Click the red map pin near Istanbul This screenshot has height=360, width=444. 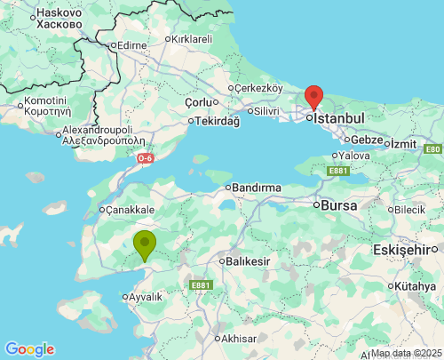tap(313, 96)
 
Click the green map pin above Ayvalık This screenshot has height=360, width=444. tap(145, 244)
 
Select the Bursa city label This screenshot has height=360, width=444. tap(337, 205)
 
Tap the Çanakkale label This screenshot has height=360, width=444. tap(131, 211)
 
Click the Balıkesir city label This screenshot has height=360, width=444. tap(248, 261)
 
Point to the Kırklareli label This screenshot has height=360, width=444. tap(192, 39)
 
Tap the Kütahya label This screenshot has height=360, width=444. tap(416, 286)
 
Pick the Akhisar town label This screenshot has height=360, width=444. tap(239, 339)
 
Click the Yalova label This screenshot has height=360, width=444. tap(353, 155)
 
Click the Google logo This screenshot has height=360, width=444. tap(29, 349)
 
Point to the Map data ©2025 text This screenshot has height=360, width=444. tap(405, 353)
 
